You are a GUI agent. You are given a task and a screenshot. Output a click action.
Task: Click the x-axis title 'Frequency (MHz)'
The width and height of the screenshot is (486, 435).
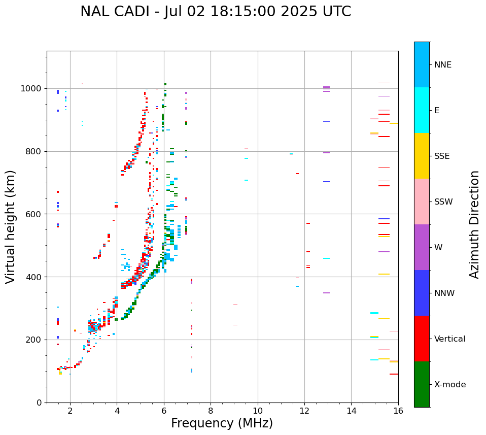222,423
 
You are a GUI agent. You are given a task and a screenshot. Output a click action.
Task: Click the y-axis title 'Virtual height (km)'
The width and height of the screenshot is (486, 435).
11,227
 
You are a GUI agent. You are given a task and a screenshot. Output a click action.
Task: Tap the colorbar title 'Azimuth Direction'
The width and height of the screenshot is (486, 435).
474,224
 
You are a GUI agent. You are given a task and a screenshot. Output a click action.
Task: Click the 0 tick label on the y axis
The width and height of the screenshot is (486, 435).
40,403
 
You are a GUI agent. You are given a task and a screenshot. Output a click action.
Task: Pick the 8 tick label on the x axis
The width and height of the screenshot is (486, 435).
211,411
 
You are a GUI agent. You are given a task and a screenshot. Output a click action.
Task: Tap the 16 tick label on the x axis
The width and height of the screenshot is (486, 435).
398,411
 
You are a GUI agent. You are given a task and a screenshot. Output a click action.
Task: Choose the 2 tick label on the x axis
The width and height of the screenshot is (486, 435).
70,411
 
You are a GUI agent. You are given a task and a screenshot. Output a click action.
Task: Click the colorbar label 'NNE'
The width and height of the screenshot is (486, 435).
442,65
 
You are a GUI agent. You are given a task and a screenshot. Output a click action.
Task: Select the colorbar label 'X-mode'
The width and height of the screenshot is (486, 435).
450,385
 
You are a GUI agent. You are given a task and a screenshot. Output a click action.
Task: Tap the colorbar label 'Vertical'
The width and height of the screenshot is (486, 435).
449,339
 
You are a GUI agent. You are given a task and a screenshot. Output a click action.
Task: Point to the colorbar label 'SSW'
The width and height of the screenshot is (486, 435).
443,202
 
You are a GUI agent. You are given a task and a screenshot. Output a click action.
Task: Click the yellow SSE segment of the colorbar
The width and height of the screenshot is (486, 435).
422,156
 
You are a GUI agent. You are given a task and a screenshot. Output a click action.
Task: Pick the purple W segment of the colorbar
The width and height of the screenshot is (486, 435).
422,247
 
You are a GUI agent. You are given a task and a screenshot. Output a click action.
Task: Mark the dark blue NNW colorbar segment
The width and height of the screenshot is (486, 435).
422,293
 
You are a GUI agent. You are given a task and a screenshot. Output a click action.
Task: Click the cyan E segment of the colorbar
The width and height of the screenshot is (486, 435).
422,110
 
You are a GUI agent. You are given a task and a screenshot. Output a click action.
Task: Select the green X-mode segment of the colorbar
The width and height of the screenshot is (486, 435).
422,384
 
